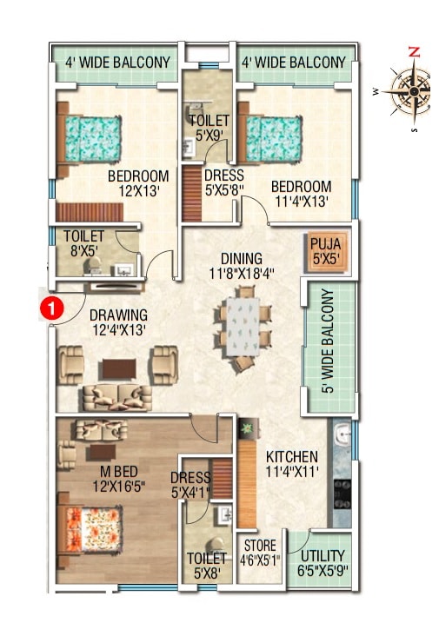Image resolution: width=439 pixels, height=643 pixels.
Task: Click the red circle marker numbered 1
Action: tap(53, 308)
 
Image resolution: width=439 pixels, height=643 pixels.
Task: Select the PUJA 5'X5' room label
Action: tap(325, 251)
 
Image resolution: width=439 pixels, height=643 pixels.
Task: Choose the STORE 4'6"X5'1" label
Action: tap(258, 553)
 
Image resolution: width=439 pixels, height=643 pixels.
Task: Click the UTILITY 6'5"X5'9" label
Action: tap(322, 562)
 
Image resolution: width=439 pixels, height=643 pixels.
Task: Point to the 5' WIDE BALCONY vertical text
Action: tap(328, 340)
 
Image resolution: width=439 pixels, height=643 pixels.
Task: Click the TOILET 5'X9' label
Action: tap(209, 128)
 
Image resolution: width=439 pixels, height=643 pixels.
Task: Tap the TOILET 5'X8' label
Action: tap(207, 566)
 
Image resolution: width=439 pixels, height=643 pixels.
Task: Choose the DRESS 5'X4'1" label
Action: tap(190, 485)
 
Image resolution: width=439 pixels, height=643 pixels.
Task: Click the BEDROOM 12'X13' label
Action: tap(138, 184)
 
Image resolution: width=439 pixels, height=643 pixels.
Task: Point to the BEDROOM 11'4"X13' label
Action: tap(301, 194)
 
